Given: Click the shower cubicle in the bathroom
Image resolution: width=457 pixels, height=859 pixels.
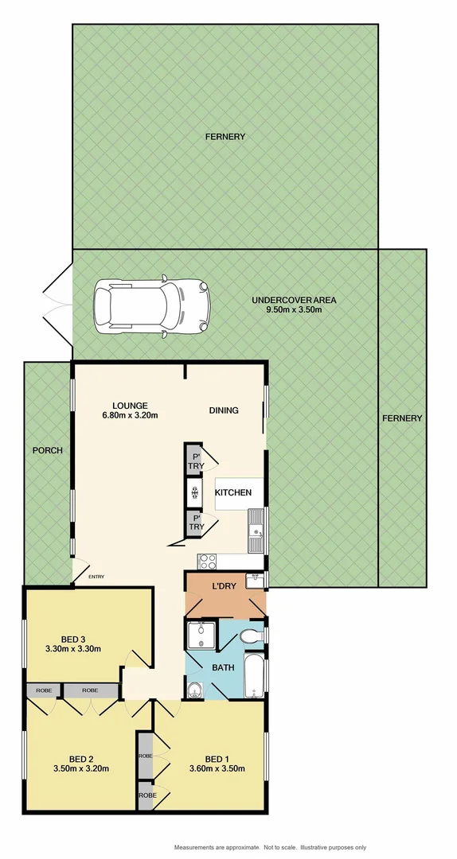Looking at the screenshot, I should click(197, 636).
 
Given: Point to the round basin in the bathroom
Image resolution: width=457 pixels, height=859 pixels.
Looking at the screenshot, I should click(196, 689).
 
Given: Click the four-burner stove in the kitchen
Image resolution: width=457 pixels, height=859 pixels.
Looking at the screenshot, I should click(207, 561).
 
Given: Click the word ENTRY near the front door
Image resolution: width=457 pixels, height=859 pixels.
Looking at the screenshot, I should click(96, 577).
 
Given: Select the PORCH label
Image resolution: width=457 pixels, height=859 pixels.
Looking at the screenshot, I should click(47, 450).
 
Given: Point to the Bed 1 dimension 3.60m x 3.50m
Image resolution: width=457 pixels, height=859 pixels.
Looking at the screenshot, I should click(216, 768).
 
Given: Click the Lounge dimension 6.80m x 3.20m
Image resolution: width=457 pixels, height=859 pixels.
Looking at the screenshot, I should click(130, 415).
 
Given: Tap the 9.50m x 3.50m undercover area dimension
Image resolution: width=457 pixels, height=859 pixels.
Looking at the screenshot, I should click(294, 311).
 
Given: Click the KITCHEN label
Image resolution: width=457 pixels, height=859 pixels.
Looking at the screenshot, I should click(233, 493).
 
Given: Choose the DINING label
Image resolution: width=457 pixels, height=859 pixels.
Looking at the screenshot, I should click(224, 410).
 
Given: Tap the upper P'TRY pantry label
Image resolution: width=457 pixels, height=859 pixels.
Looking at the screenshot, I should click(196, 461).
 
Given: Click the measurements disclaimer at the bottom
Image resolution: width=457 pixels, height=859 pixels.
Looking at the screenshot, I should click(268, 847).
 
